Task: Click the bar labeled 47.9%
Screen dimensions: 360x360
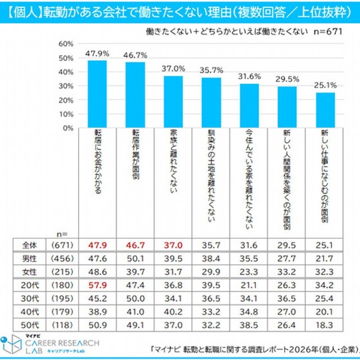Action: click(96, 94)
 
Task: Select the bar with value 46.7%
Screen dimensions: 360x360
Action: click(134, 95)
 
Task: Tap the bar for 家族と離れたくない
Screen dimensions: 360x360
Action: click(173, 102)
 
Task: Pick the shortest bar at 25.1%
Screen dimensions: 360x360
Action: click(325, 110)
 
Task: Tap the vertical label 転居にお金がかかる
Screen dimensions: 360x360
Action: click(98, 163)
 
